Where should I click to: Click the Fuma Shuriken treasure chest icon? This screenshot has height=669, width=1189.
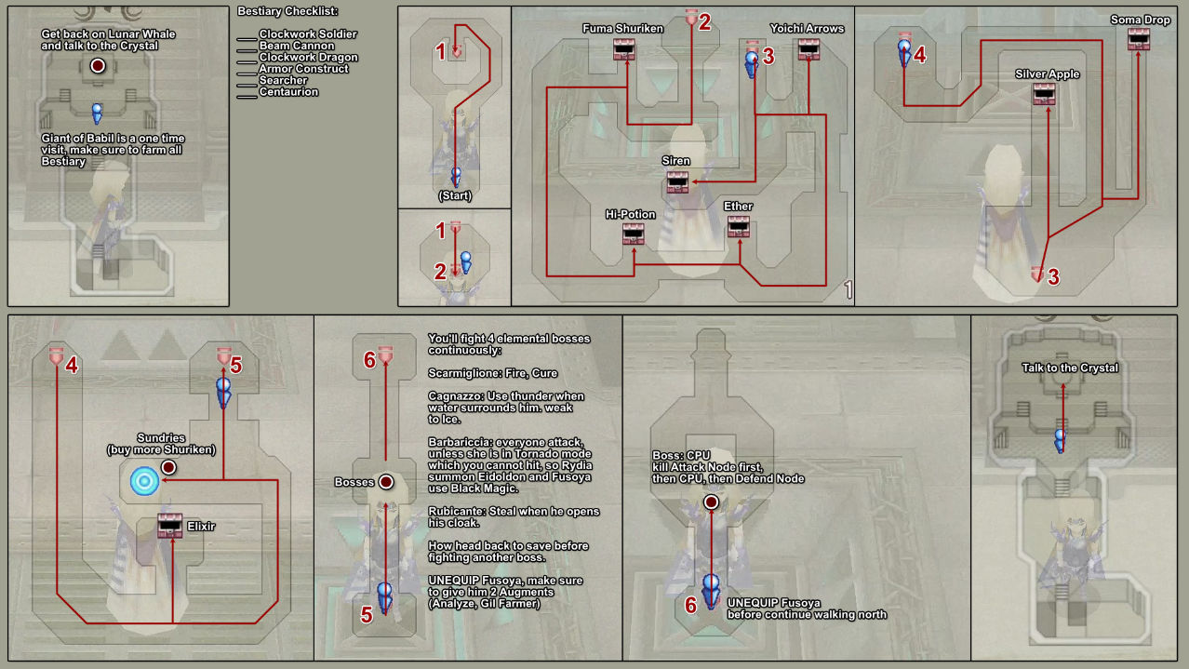pos(623,49)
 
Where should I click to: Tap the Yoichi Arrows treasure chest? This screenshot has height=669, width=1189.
pos(808,49)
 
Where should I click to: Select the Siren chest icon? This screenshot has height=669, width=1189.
pos(676,181)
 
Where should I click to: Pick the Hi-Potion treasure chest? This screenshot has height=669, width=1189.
pos(635,234)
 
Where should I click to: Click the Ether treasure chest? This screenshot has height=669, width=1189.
pos(740,226)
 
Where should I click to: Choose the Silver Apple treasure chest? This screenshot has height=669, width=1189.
pos(1044,93)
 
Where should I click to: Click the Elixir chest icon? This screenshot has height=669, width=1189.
pos(169,526)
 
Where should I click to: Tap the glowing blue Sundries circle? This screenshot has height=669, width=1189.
pos(144,480)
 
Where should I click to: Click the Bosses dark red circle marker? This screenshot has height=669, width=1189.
pos(385,482)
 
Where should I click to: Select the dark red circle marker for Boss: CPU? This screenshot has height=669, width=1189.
pos(712,502)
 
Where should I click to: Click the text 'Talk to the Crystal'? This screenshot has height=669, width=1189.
pos(1069,368)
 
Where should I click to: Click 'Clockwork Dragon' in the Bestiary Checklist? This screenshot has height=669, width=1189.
pos(308,58)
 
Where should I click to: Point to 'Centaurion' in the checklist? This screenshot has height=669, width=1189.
pos(288,92)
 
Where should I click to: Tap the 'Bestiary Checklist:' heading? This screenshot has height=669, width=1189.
pos(287,11)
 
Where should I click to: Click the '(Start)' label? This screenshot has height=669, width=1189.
pos(454,195)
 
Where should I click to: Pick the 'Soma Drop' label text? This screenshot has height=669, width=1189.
pos(1140,20)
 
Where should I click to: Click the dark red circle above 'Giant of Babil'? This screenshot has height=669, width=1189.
pos(98,66)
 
